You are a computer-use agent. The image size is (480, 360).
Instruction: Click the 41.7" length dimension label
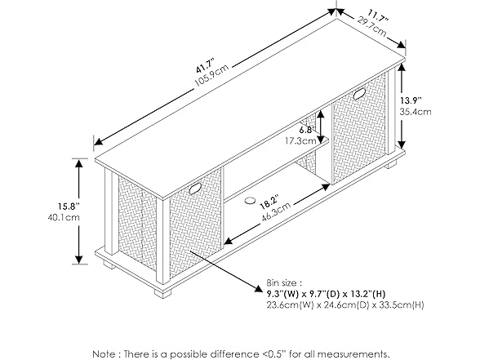204,67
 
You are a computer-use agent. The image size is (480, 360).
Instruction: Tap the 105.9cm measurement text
211,76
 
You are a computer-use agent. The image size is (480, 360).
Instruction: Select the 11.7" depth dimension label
378,16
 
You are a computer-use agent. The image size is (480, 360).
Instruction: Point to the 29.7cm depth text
371,26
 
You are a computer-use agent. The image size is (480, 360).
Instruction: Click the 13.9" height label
411,100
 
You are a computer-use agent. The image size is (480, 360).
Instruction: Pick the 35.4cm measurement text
415,112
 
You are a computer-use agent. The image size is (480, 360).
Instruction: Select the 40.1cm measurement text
64,217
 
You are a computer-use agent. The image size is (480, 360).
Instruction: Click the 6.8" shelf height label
305,130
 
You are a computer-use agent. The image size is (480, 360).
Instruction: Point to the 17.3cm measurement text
300,140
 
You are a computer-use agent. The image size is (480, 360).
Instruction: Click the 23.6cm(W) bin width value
290,305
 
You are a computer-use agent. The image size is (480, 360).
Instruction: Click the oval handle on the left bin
194,189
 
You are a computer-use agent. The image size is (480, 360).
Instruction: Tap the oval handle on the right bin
359,94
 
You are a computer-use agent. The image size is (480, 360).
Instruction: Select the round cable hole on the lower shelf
250,201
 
